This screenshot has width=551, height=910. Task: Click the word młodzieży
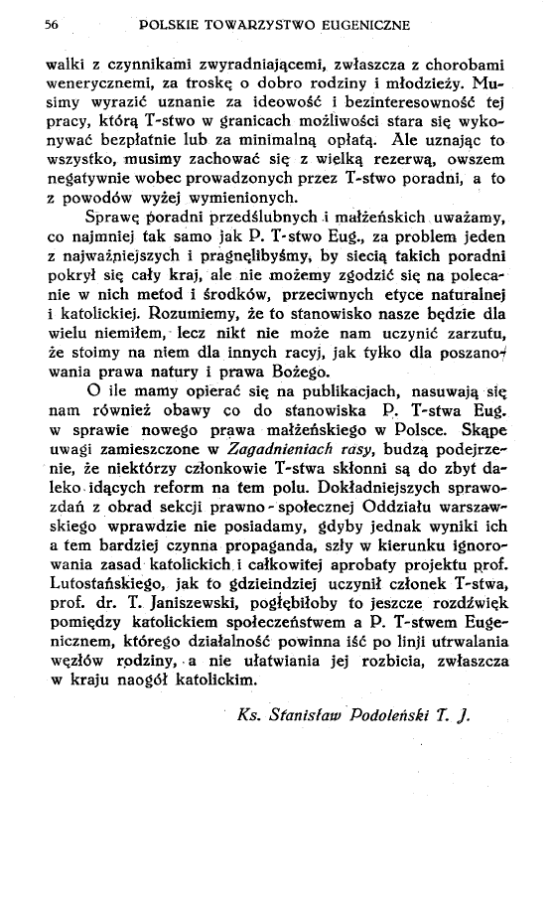coord(423,79)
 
